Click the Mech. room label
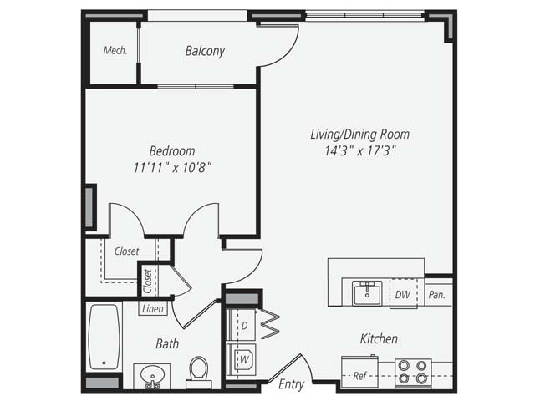[x=115, y=51]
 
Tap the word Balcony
[x=205, y=52]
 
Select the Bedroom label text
[x=172, y=151]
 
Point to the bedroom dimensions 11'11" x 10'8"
[x=172, y=167]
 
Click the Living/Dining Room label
[x=359, y=134]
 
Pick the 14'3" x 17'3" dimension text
[x=359, y=151]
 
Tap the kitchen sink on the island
[x=366, y=294]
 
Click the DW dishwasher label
[x=402, y=294]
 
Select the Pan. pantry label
[x=436, y=295]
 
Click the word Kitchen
[x=379, y=338]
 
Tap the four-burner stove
[x=413, y=372]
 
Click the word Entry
[x=292, y=384]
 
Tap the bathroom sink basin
[x=151, y=375]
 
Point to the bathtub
[x=104, y=338]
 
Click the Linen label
[x=153, y=309]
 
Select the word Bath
[x=167, y=343]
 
